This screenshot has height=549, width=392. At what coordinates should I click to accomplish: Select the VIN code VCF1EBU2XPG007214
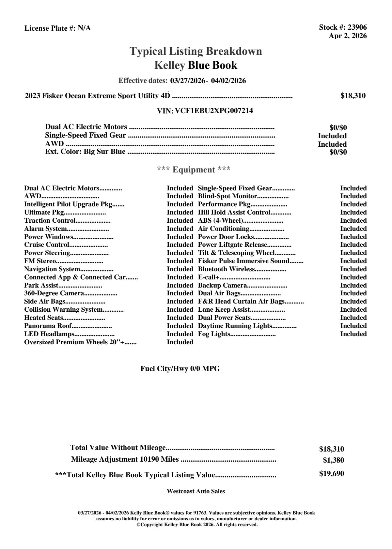(214, 111)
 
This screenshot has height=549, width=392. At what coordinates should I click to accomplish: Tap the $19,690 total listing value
(331, 473)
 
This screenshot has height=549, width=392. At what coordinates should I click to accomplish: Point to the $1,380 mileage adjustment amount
(333, 460)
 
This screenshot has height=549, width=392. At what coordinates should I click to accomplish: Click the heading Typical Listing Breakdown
(196, 51)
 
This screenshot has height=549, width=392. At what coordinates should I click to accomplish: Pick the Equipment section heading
(194, 170)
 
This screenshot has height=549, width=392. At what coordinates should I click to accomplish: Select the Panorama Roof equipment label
(48, 326)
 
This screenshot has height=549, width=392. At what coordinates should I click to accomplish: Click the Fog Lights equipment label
(214, 334)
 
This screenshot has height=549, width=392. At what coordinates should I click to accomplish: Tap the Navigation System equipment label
(52, 269)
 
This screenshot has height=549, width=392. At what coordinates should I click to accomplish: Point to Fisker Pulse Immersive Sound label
(243, 261)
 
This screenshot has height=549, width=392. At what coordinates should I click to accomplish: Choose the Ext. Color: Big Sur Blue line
(85, 152)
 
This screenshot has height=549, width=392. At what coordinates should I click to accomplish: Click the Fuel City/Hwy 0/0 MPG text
(180, 369)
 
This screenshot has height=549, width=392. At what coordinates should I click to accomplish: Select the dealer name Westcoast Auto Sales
(196, 491)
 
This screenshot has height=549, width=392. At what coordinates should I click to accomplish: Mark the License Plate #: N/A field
(57, 28)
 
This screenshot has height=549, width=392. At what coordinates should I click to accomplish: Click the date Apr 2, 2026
(348, 36)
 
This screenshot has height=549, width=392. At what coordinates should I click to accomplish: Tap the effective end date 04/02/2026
(228, 81)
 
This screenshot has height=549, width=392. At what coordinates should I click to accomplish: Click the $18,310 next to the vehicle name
(353, 96)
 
